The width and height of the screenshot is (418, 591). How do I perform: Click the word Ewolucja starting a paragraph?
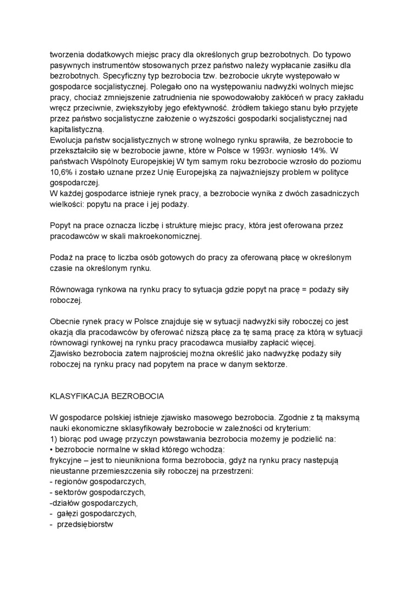tap(67, 140)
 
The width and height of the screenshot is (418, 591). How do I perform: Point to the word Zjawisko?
tap(67, 353)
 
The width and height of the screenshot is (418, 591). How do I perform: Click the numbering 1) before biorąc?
tap(54, 439)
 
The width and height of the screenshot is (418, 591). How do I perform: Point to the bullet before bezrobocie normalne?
tap(52, 450)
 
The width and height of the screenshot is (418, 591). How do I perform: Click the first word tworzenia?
tap(68, 55)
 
